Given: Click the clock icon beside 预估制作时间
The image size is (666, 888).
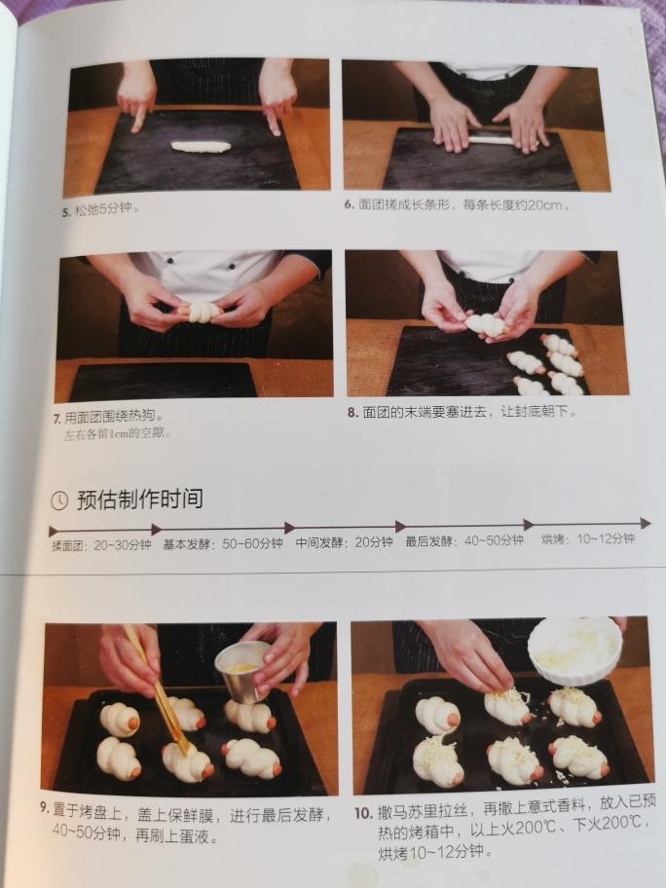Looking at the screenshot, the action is pos(59,500).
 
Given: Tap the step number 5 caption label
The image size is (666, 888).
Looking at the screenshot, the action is pos(66,212).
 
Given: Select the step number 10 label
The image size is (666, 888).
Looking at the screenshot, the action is pos(363,814).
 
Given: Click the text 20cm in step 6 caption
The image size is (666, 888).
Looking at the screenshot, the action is pos(545,205).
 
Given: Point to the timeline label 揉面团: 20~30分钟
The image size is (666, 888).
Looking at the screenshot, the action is pos(102,545).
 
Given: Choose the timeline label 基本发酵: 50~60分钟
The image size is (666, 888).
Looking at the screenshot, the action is pos(223,544).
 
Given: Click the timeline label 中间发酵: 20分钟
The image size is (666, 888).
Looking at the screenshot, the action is pos(345,542).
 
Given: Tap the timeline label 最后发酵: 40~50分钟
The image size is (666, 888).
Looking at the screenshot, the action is pos(464,540).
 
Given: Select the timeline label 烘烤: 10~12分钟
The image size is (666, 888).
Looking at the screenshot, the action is pos(588,538).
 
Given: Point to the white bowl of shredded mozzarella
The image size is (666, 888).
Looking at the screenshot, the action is pos(574,650).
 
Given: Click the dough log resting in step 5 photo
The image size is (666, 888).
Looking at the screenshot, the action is pos(201,147).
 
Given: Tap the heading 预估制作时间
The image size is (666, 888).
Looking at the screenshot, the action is pos(140,499).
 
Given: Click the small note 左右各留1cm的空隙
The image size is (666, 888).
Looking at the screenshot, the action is pos(116,435).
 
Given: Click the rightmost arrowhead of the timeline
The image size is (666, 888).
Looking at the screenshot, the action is pos(646,523).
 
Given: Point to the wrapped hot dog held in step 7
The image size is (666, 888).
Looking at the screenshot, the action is pos(200,312).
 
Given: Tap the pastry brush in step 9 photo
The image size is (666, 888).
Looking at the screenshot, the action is pos(157,689).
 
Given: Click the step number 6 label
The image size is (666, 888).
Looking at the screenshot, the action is pos(349,204).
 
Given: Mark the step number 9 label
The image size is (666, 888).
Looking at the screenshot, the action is pos(45,808).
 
